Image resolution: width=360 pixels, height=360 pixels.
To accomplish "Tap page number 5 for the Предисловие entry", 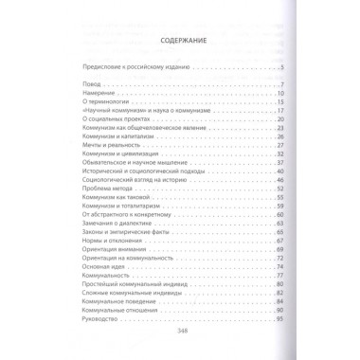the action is (x=282, y=69).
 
